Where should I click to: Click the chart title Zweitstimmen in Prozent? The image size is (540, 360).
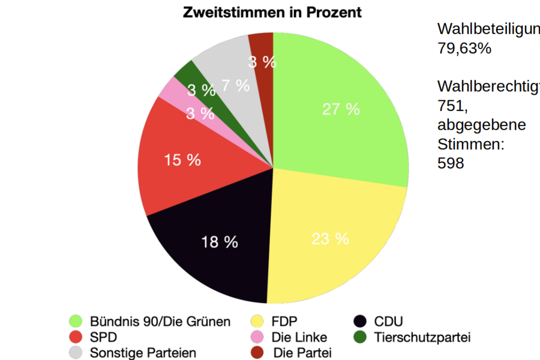pos(272,12)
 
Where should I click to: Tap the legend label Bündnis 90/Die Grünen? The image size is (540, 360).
pos(160,322)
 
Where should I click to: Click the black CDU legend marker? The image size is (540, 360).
pos(361,322)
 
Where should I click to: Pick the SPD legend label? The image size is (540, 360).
pos(103,337)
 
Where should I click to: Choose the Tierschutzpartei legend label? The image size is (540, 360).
pos(422,337)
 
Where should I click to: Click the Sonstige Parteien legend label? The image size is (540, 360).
pos(143,353)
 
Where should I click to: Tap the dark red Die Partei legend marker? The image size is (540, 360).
pos(257,353)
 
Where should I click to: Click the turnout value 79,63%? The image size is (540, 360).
pos(464,49)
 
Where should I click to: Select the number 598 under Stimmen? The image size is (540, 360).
pos(451,163)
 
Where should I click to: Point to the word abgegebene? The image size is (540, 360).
pos(482,125)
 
